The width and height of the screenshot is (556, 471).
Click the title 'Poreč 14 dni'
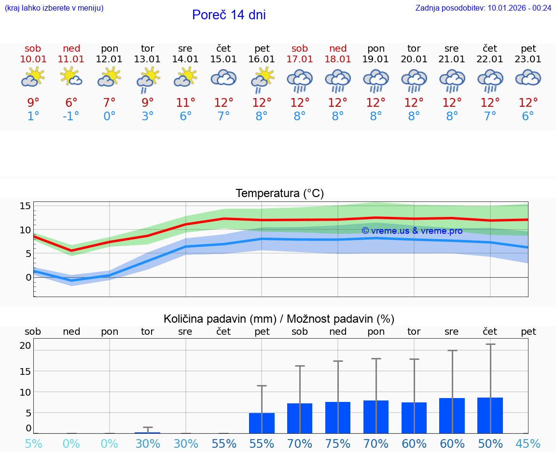point(229,15)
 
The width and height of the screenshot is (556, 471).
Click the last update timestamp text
point(483,8)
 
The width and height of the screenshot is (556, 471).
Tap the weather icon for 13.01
point(147,80)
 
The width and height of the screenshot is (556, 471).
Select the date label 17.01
point(300,59)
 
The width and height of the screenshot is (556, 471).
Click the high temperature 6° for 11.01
point(71,102)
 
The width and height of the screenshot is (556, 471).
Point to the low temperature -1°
point(70,116)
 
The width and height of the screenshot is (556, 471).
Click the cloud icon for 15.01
point(223,78)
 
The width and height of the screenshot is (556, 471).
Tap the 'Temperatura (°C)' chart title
point(279,194)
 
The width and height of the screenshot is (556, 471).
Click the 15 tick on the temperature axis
point(25,206)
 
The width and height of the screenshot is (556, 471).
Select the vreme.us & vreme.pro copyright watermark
point(412,231)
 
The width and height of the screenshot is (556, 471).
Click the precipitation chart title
point(279,319)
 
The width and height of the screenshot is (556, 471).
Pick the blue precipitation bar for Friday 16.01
point(262,423)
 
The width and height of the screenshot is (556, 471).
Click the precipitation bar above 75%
point(338,417)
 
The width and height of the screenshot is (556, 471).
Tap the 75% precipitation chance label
point(338,444)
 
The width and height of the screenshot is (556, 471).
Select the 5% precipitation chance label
point(33,444)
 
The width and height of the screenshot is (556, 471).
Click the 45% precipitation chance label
point(528,444)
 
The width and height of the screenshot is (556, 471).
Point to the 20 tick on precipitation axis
point(25,345)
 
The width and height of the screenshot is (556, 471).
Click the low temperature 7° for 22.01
point(490,116)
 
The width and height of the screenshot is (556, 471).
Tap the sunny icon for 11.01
point(71,77)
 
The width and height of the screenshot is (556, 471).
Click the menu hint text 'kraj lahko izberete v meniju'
point(54,8)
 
